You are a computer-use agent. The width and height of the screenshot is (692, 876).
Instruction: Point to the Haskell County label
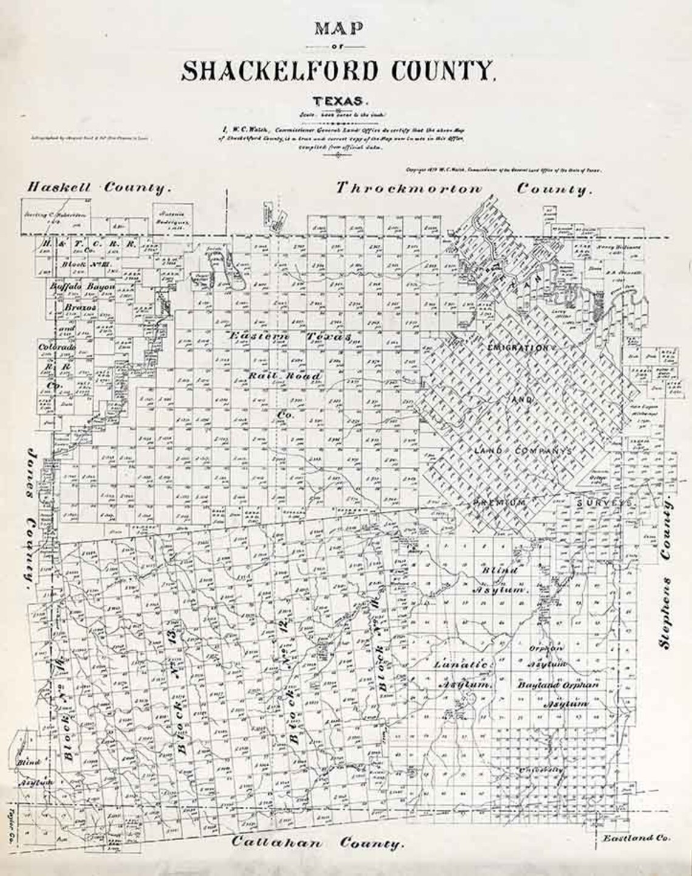coord(95,188)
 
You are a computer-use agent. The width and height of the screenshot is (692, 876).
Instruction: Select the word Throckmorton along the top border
coord(410,188)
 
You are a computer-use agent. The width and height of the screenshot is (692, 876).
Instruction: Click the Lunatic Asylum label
coord(461,674)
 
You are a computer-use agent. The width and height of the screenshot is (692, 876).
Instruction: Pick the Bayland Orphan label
coord(558,684)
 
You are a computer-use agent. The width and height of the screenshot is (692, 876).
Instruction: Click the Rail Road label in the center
coord(284,376)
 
